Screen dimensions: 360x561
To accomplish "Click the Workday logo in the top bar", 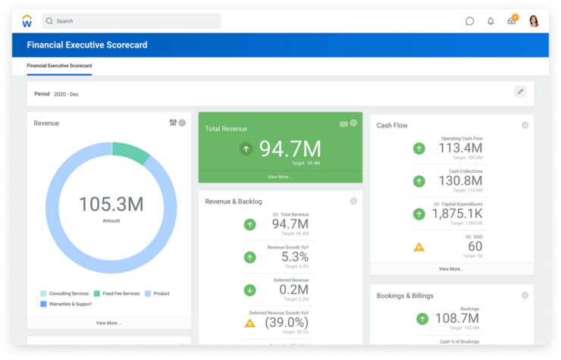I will point(27,20).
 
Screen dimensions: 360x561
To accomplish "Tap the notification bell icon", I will point(490,21).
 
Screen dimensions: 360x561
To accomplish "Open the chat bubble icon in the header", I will point(469,21).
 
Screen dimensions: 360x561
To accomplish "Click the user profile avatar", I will point(534,20).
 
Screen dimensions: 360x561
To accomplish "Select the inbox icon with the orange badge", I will point(512,20).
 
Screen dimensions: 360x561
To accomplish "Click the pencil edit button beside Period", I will point(520,92).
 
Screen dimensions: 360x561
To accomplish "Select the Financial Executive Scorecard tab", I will point(59,66).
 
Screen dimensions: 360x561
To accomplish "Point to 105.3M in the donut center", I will point(111,204).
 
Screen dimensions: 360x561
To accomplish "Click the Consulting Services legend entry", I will point(65,293).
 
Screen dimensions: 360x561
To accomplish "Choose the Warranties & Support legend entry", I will point(68,304).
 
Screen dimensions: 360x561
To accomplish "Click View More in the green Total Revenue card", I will point(280,177).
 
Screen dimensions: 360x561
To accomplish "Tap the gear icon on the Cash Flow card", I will point(525,125).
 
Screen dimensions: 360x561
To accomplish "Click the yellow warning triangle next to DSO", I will point(419,246).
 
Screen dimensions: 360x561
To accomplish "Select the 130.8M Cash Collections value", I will point(459,181).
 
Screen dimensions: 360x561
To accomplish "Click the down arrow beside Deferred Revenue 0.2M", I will point(249,290).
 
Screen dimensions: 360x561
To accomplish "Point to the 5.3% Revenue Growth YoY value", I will point(290,257).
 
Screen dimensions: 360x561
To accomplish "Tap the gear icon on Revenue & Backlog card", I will point(353,201).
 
